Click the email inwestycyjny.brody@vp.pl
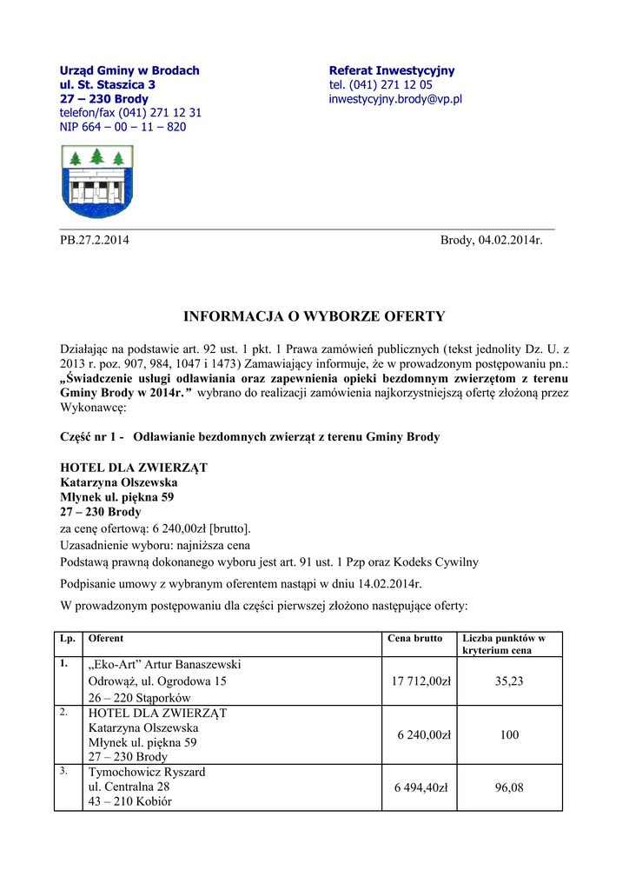[395, 99]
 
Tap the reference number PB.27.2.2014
[94, 240]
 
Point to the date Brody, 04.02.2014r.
[491, 240]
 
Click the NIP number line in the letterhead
[122, 127]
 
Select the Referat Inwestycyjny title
[392, 70]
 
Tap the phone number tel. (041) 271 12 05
[381, 85]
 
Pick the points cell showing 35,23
[509, 681]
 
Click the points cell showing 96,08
[509, 787]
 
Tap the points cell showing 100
[509, 734]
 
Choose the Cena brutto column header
[415, 639]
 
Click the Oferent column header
[106, 639]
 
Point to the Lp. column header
[67, 639]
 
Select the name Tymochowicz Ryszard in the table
[147, 772]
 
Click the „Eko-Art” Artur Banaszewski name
[164, 665]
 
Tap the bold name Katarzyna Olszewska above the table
[119, 482]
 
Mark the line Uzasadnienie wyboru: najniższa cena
[155, 545]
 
